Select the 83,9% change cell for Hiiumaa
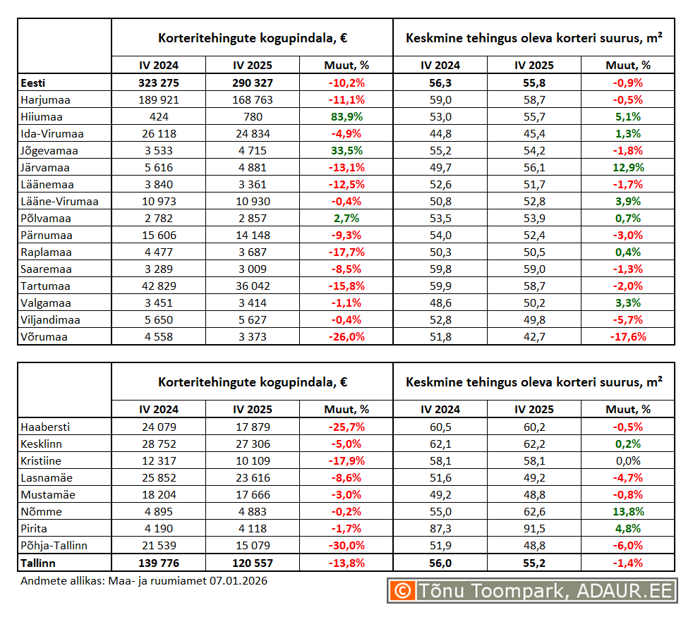tap(346, 117)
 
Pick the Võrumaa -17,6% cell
tap(627, 337)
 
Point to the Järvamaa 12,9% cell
tap(627, 168)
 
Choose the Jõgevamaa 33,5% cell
tap(346, 151)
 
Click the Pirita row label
tap(35, 529)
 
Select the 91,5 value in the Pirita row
tap(534, 529)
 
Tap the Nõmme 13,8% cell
tap(627, 512)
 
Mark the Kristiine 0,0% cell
tap(627, 461)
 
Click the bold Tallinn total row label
tap(39, 563)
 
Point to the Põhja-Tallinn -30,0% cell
tap(346, 546)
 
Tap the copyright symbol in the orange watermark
tap(402, 591)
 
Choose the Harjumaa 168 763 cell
tap(252, 100)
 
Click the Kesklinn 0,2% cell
tap(627, 444)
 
